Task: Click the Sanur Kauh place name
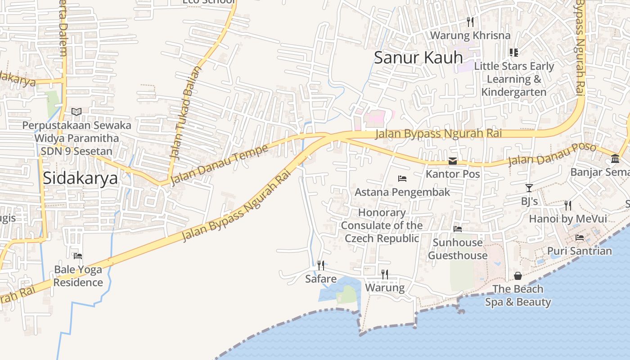tap(418, 58)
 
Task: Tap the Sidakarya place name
tap(80, 178)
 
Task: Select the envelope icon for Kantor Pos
tap(453, 161)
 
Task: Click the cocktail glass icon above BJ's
tap(529, 188)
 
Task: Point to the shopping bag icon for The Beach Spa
tap(518, 276)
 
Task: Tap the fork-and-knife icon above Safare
tap(320, 265)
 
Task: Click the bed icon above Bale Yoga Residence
tap(78, 256)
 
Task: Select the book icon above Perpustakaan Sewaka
tap(76, 112)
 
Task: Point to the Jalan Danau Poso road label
tap(552, 154)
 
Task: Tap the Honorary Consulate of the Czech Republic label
tap(382, 225)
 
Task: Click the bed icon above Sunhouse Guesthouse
tap(458, 229)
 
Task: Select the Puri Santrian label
tap(579, 251)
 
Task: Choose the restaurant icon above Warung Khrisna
tap(470, 22)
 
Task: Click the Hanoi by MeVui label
tap(567, 219)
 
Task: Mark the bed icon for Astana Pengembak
tap(402, 179)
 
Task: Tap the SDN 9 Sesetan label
tap(76, 151)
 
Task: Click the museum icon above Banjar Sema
tap(615, 158)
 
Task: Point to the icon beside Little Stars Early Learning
tap(513, 53)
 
